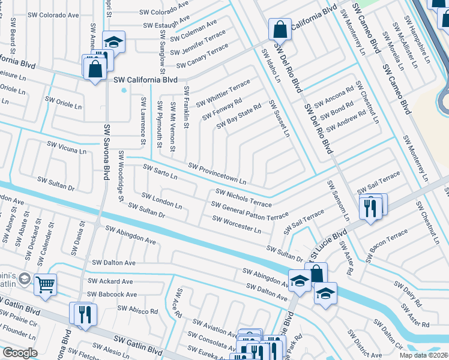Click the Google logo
pyautogui.click(x=20, y=353)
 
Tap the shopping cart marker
pyautogui.click(x=46, y=284)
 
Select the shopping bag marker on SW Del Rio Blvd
pyautogui.click(x=280, y=28)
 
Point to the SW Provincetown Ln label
pyautogui.click(x=217, y=174)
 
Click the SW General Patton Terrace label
pyautogui.click(x=250, y=211)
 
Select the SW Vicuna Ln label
pyautogui.click(x=67, y=148)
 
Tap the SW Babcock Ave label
pyautogui.click(x=112, y=295)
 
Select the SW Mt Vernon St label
pyautogui.click(x=173, y=127)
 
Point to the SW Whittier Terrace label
pyautogui.click(x=220, y=93)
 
